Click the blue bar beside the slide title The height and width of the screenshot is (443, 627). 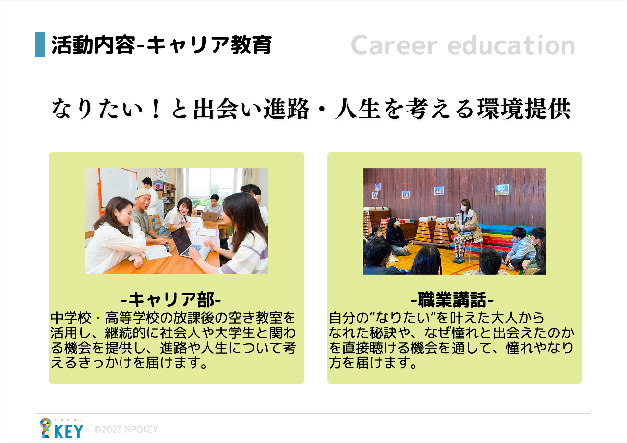coord(40,44)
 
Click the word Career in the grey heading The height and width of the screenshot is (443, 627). coord(394,45)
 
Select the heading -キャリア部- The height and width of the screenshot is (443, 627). coord(171,299)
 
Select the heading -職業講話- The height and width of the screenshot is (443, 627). coord(452,299)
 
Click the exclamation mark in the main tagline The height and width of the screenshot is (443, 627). coord(155,109)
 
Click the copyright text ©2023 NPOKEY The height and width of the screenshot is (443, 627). coord(126,430)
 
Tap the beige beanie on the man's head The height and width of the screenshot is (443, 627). coord(143,193)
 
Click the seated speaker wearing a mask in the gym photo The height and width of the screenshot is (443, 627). coord(465,230)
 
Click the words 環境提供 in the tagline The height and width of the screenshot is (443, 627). coord(524,109)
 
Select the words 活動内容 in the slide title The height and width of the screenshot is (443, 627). coord(94,44)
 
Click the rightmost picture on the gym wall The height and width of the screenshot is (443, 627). coord(502,189)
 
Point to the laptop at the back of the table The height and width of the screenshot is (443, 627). coord(210,216)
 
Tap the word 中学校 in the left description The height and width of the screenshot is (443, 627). coord(71,318)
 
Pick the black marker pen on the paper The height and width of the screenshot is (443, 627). coord(167,247)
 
